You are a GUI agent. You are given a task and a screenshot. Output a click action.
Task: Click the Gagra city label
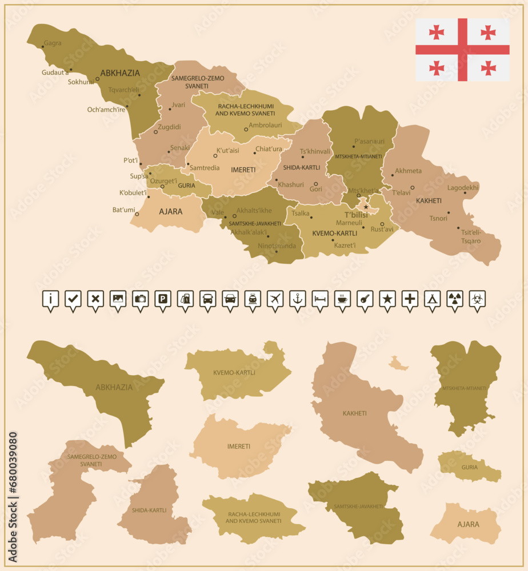pos(53,43)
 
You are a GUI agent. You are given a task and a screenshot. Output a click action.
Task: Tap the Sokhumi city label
pos(81,82)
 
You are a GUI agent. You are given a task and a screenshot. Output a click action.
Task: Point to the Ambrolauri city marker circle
pos(246,130)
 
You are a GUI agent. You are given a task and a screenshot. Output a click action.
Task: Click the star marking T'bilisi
pos(366,207)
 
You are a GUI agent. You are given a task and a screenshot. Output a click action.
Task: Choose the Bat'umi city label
pos(123,210)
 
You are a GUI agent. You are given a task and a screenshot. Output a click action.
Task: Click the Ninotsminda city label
pos(277,246)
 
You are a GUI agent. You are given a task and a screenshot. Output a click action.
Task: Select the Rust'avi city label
pos(382,230)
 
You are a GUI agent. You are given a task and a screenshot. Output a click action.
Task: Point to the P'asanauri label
pos(369,141)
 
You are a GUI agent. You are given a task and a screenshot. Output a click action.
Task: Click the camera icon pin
pos(141,299)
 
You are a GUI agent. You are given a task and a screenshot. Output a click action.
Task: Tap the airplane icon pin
pos(275,299)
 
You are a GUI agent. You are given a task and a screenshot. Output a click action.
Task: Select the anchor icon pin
pos(298,299)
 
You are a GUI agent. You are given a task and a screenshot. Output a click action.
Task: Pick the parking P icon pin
pos(163,299)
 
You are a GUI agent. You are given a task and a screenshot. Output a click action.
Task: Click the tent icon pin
pos(433,299)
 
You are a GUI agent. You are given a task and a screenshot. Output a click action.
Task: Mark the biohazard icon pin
pos(477,299)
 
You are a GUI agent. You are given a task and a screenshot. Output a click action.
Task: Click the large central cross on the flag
pos(462,49)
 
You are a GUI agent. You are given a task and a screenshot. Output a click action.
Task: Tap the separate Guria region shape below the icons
pos(469,467)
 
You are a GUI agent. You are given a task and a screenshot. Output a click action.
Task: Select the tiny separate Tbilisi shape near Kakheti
pos(398,363)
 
